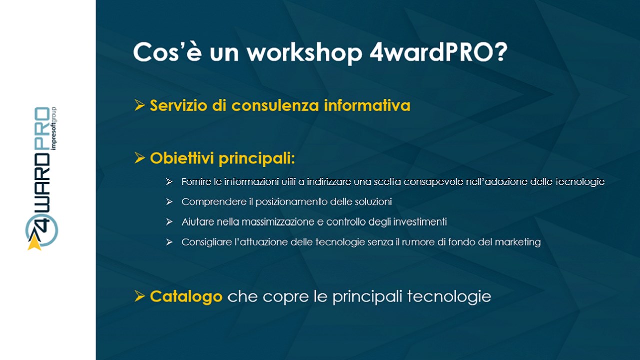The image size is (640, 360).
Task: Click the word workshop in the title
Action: coord(304,53)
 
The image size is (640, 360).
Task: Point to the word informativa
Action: coord(367,105)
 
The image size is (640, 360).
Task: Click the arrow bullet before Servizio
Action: coord(139,105)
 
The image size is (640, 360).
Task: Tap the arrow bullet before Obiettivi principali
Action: coord(139,158)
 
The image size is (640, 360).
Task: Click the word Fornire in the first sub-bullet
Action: coord(196,182)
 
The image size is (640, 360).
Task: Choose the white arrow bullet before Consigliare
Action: coord(169,242)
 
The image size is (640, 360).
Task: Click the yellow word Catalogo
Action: coord(186,296)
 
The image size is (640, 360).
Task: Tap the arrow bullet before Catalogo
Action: coord(139,296)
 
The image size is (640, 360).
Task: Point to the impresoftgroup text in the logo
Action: coord(53,128)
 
